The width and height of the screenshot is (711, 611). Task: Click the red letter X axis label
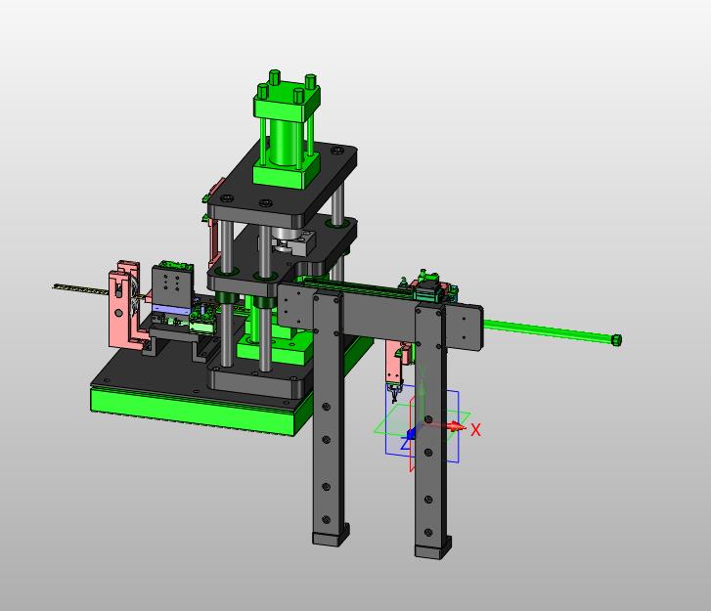(x=475, y=430)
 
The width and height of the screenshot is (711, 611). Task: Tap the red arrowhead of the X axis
(x=458, y=426)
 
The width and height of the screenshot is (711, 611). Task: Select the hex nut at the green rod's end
(x=616, y=340)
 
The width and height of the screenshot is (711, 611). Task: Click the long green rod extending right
(x=548, y=330)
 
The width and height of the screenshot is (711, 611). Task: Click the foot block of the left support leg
(x=331, y=536)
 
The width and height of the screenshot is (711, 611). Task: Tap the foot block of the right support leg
(x=433, y=548)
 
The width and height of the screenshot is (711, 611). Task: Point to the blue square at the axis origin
(x=411, y=434)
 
